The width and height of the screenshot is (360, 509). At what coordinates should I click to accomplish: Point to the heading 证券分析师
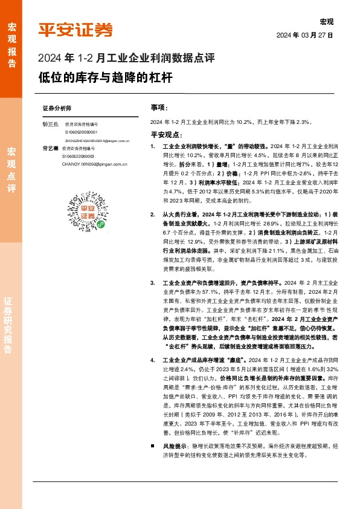tap(57, 108)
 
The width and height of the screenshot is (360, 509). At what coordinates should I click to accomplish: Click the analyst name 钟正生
tap(51, 124)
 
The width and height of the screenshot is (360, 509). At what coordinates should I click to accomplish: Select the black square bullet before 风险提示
tap(153, 445)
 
